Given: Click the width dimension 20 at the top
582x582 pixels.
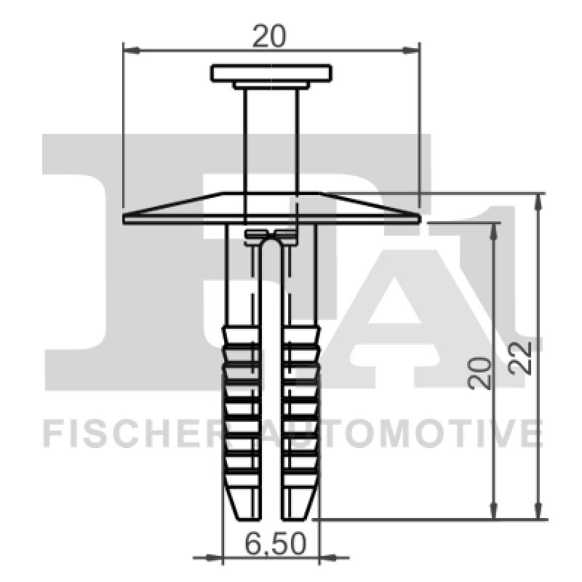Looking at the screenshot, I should coord(269,35).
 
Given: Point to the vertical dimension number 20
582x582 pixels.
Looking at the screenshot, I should coord(480,372).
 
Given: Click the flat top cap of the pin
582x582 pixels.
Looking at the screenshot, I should coord(271,73).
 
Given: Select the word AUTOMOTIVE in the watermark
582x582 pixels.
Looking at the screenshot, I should coord(407,434).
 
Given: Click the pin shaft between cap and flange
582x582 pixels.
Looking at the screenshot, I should coord(271,138).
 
